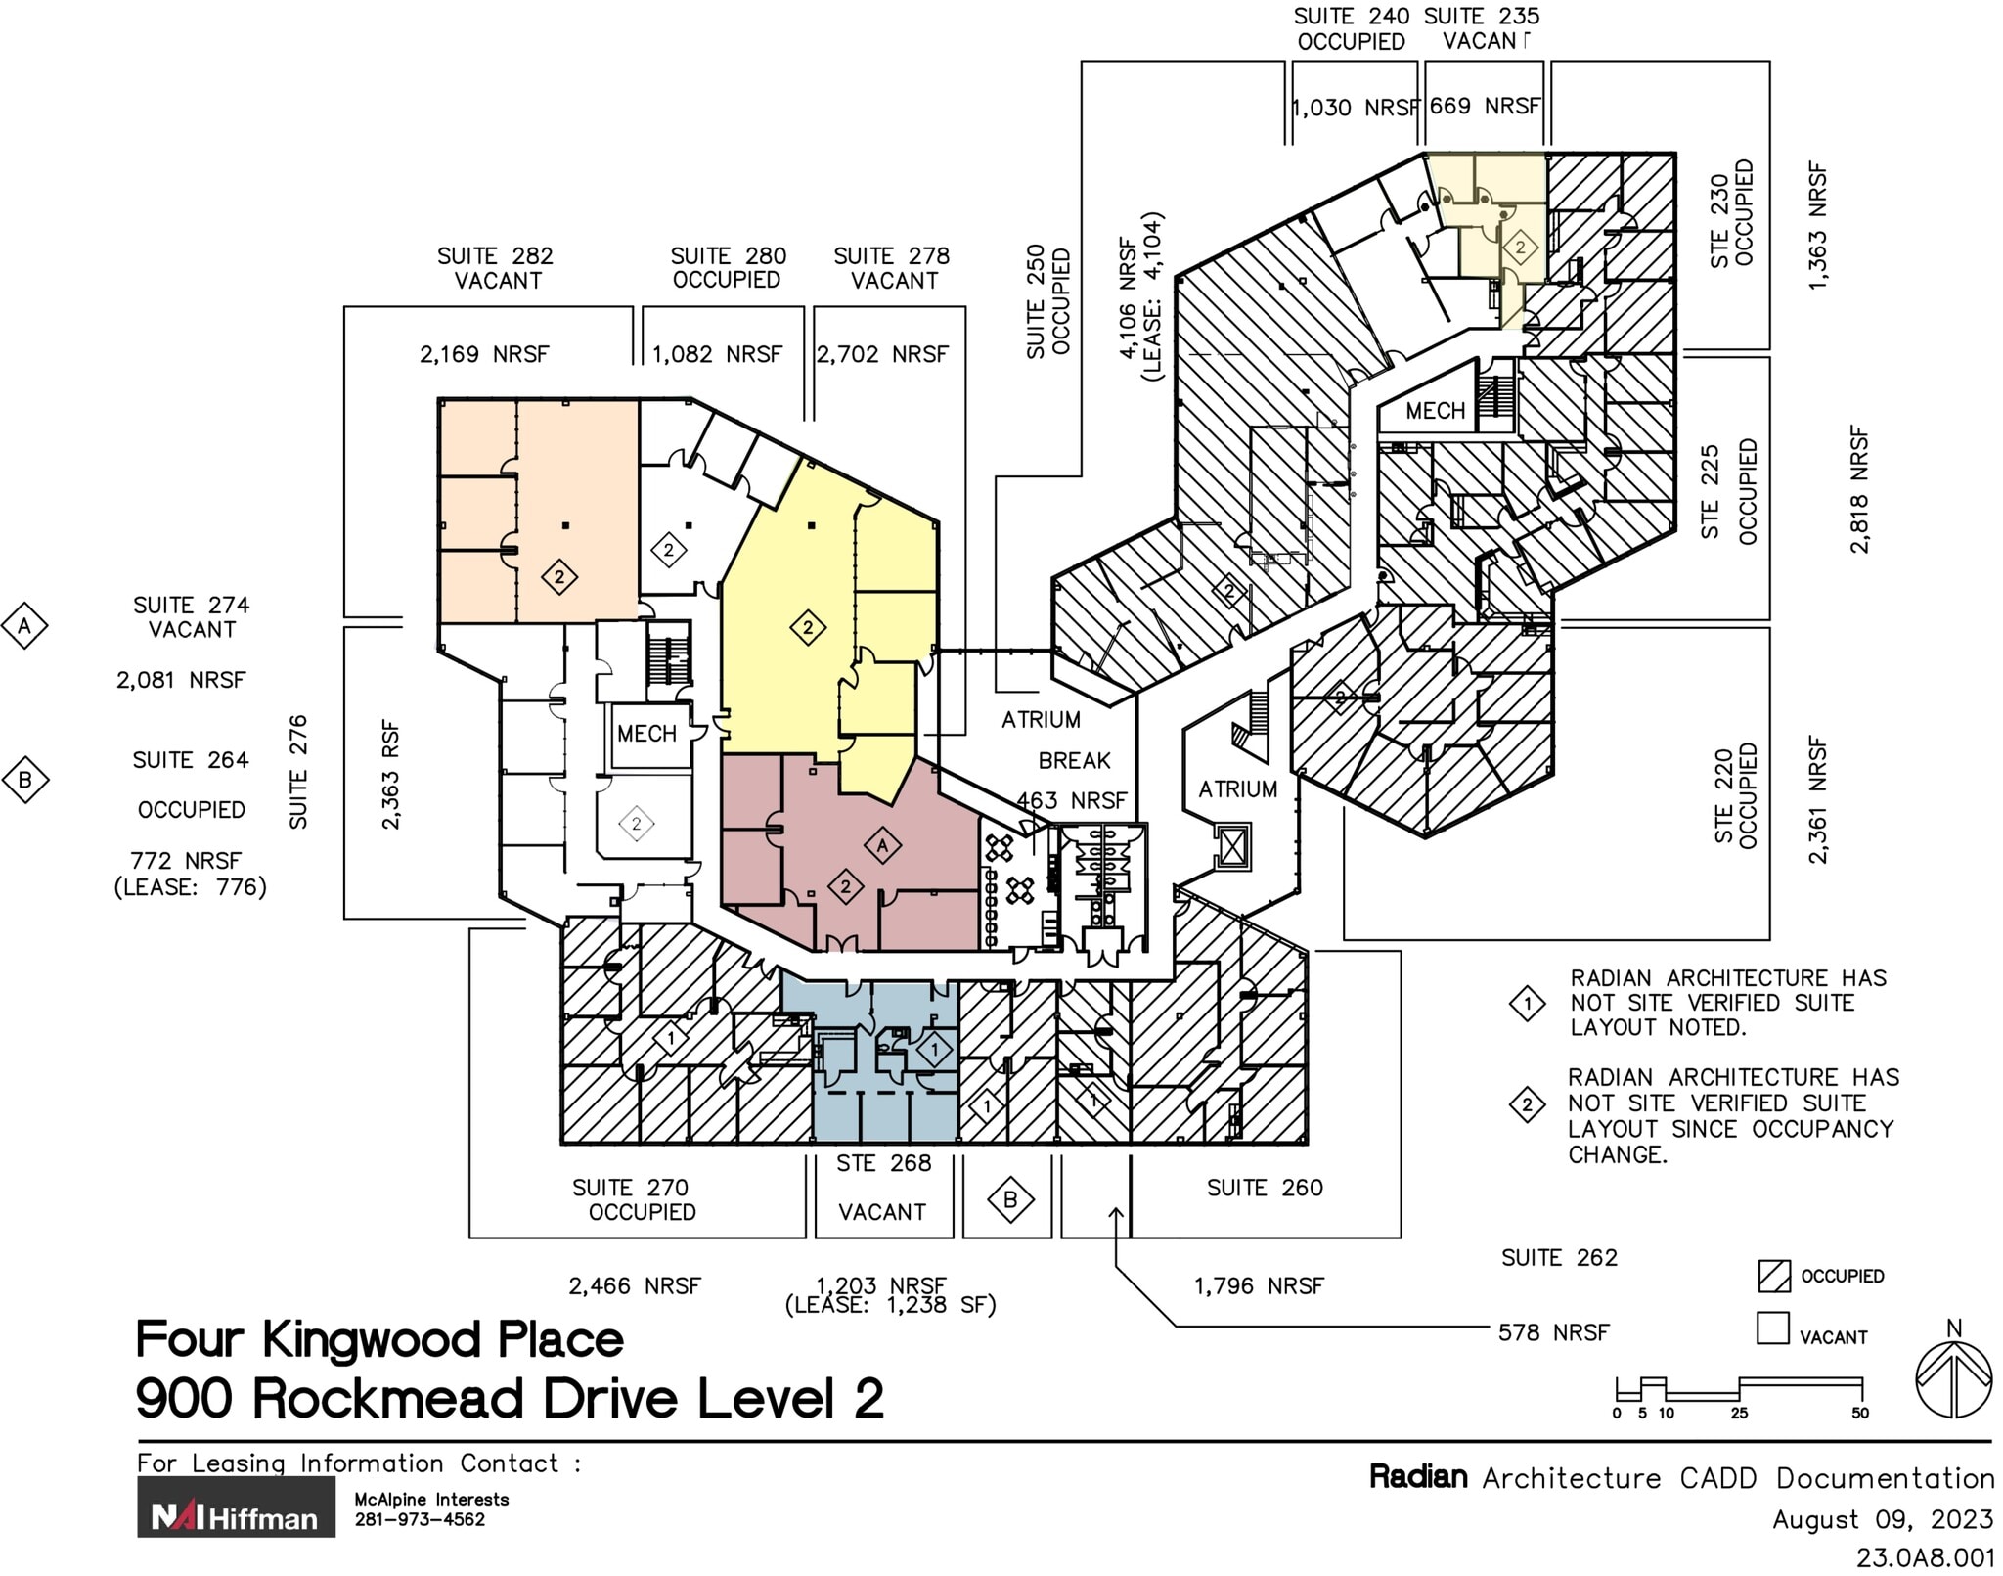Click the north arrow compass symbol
pyautogui.click(x=1953, y=1379)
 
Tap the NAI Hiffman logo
pyautogui.click(x=236, y=1507)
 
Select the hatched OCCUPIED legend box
pyautogui.click(x=1773, y=1276)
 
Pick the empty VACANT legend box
pyautogui.click(x=1772, y=1328)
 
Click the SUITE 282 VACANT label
pyautogui.click(x=495, y=268)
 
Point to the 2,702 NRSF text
pyautogui.click(x=882, y=354)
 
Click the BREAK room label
pyautogui.click(x=1074, y=760)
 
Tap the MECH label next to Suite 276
pyautogui.click(x=646, y=734)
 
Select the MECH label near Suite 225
pyautogui.click(x=1435, y=411)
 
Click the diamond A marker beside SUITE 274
pyautogui.click(x=25, y=626)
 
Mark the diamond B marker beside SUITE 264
pyautogui.click(x=25, y=780)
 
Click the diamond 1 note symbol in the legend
pyautogui.click(x=1527, y=1004)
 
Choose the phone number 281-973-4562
pyautogui.click(x=420, y=1519)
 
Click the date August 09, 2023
pyautogui.click(x=1882, y=1519)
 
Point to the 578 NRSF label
pyautogui.click(x=1552, y=1332)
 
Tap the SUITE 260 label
pyautogui.click(x=1264, y=1188)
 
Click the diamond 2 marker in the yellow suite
pyautogui.click(x=808, y=627)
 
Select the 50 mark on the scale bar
pyautogui.click(x=1859, y=1413)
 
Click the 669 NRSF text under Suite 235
pyautogui.click(x=1484, y=106)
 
